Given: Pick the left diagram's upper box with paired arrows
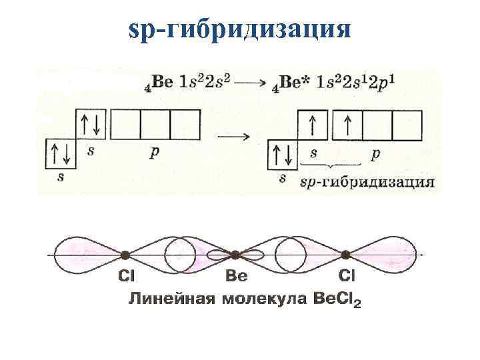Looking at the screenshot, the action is tap(93, 125).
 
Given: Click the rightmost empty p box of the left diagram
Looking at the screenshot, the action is tap(185, 125).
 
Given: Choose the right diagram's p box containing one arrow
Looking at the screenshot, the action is tap(347, 125).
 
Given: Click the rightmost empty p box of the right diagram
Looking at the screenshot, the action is tap(407, 125).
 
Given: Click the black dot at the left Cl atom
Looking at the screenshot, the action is tap(125, 255).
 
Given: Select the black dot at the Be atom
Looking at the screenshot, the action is tap(235, 255).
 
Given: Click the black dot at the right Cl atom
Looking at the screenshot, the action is tap(345, 255).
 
